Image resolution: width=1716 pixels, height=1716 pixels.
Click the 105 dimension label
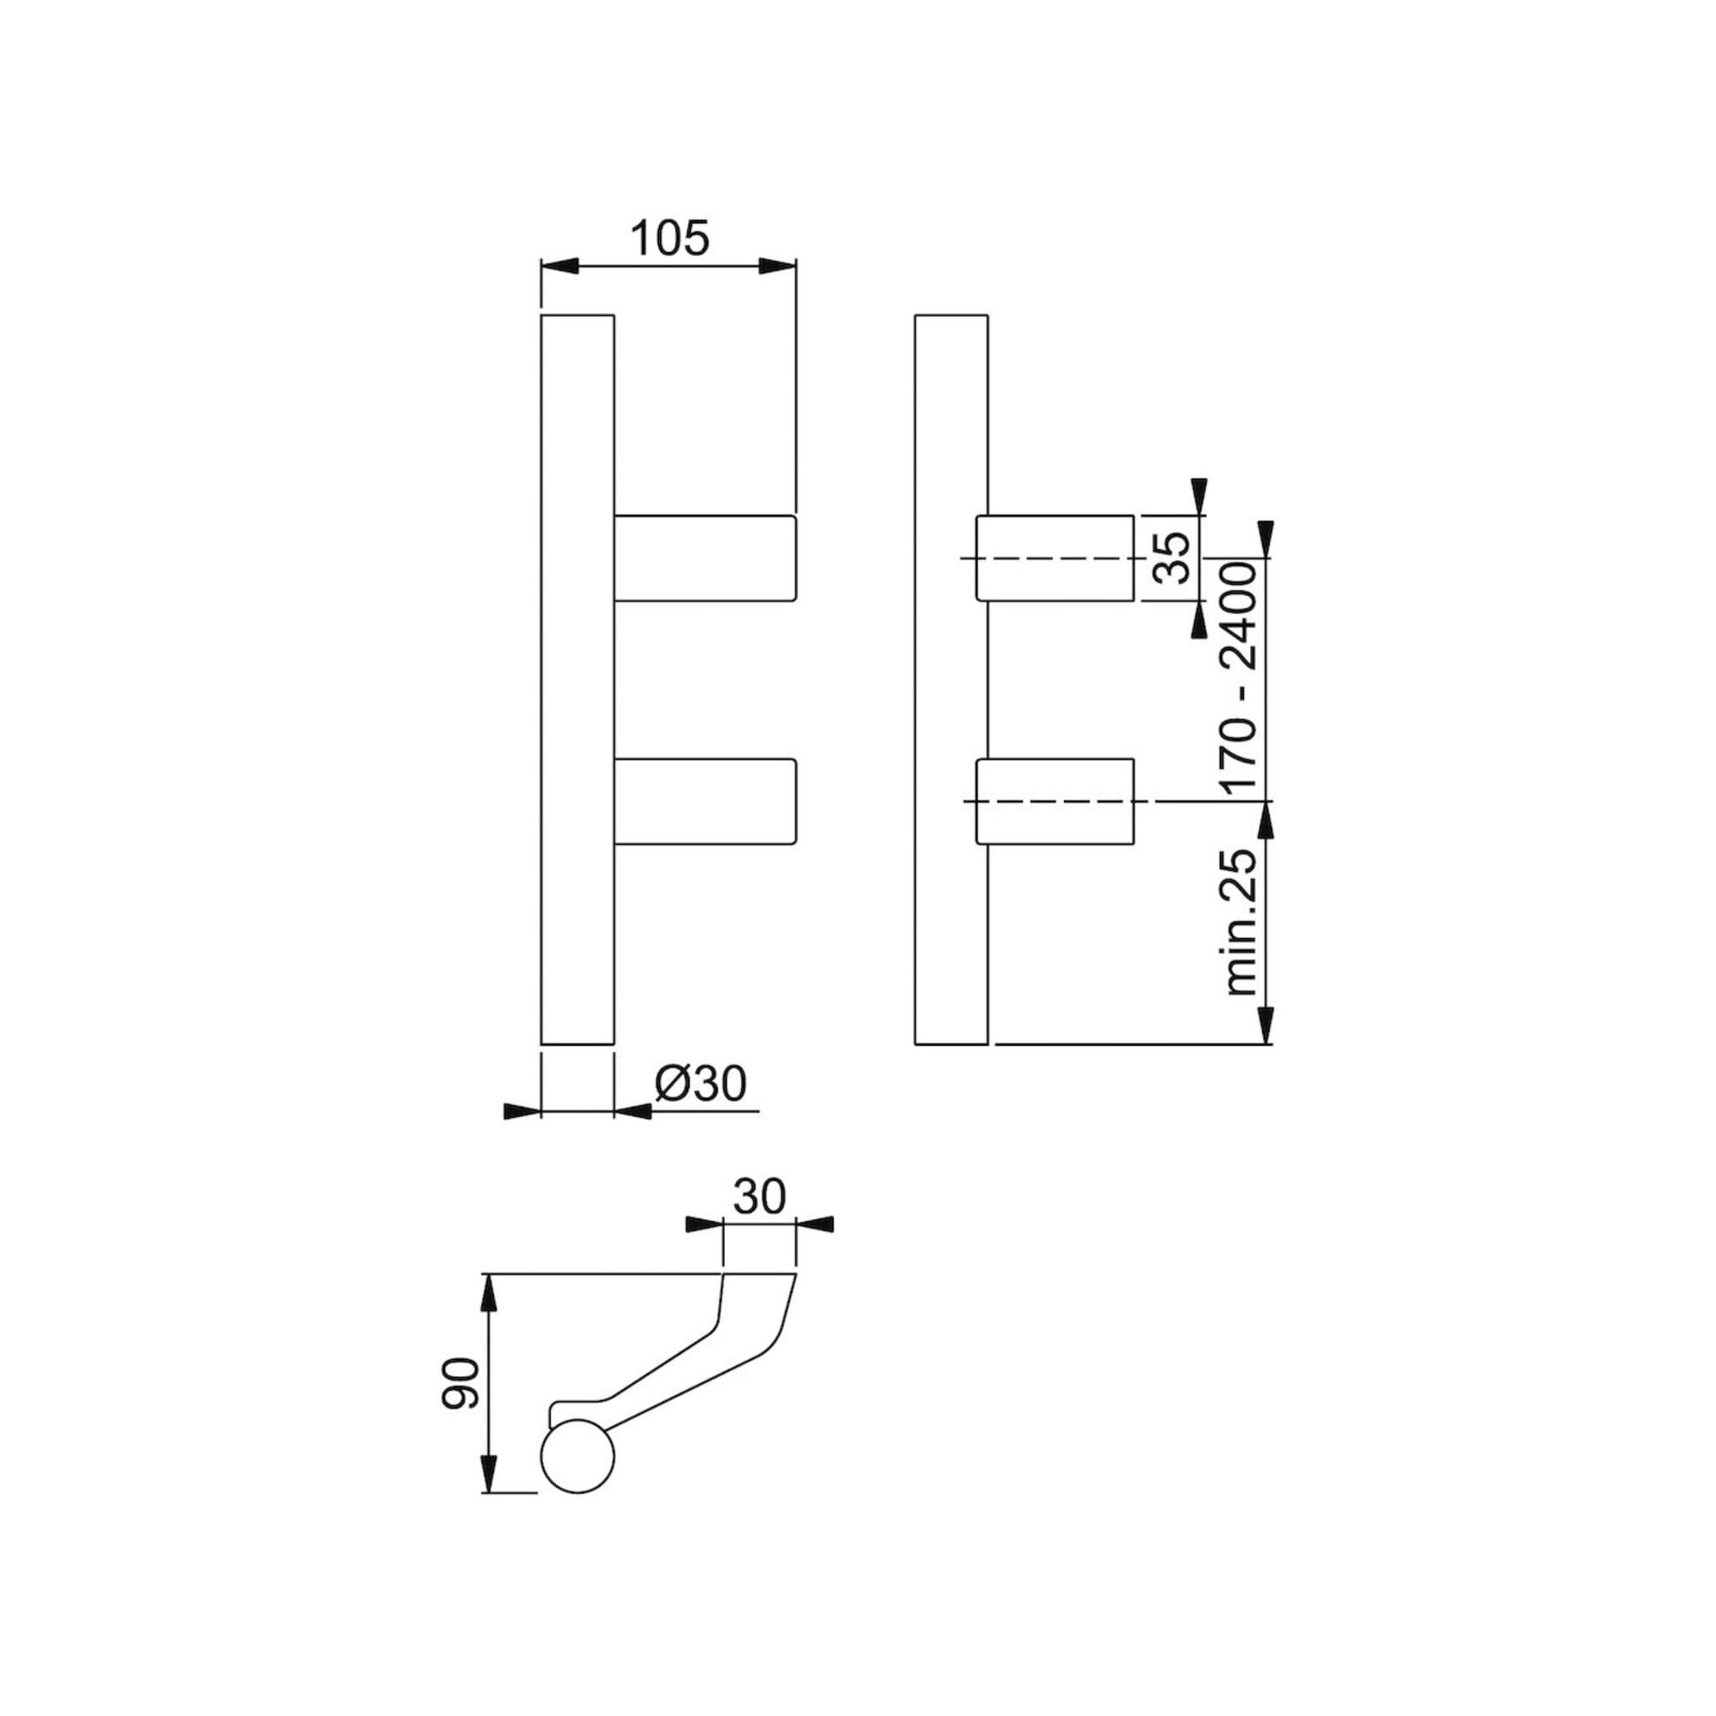tap(671, 237)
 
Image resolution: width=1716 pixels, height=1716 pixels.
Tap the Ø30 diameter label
tap(701, 1084)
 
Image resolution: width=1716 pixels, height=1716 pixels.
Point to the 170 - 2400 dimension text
tap(1239, 679)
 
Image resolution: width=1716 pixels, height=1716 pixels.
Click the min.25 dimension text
tap(1240, 923)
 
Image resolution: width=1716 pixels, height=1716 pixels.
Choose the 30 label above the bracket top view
tap(760, 1196)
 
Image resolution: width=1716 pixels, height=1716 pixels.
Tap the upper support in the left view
tap(704, 558)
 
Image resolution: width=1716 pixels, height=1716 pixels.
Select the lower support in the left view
tap(704, 801)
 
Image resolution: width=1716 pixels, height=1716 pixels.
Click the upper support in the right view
tap(1055, 558)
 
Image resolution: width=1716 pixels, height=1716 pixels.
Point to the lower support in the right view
tap(1055, 801)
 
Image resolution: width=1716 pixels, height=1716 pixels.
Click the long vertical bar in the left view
tap(577, 680)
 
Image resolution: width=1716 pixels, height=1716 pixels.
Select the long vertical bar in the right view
tap(952, 680)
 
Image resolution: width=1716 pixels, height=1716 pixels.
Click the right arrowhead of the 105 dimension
tap(777, 266)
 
